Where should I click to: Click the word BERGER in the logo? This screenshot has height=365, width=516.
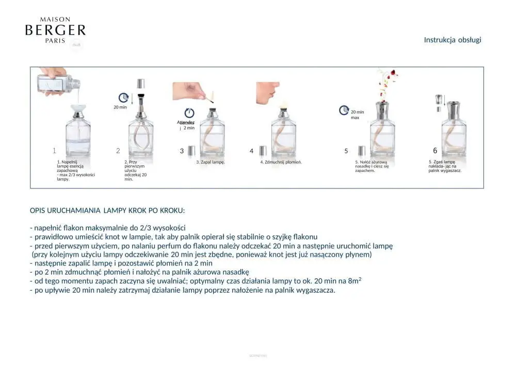55,30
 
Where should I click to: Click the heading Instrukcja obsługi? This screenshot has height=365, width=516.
453,40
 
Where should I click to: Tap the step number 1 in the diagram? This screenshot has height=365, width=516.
54,151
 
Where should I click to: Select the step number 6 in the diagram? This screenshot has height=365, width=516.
435,150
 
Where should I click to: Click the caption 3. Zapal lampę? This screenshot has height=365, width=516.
211,162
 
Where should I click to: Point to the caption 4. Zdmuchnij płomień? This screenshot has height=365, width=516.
280,162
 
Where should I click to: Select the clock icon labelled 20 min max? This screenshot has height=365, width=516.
344,110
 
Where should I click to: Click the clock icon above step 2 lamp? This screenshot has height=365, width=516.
123,97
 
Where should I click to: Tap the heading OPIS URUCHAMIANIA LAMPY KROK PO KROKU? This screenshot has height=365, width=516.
107,211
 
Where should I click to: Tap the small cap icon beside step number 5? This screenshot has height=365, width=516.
362,150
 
